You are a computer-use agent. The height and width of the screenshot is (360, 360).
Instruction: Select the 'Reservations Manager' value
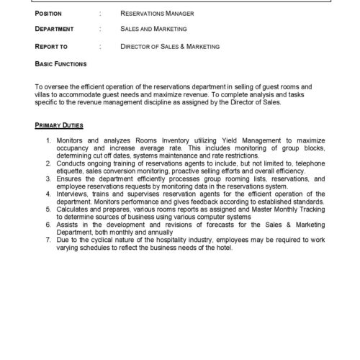coord(154,13)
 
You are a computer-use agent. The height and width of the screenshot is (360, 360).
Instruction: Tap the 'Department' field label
coord(54,30)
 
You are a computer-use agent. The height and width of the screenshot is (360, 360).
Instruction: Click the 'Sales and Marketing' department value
coord(153,30)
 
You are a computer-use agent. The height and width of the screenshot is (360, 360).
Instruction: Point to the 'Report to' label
coord(51,46)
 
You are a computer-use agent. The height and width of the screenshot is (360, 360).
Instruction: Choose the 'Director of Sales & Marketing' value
coord(170,46)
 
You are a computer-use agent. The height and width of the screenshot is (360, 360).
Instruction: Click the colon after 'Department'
coord(100,30)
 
